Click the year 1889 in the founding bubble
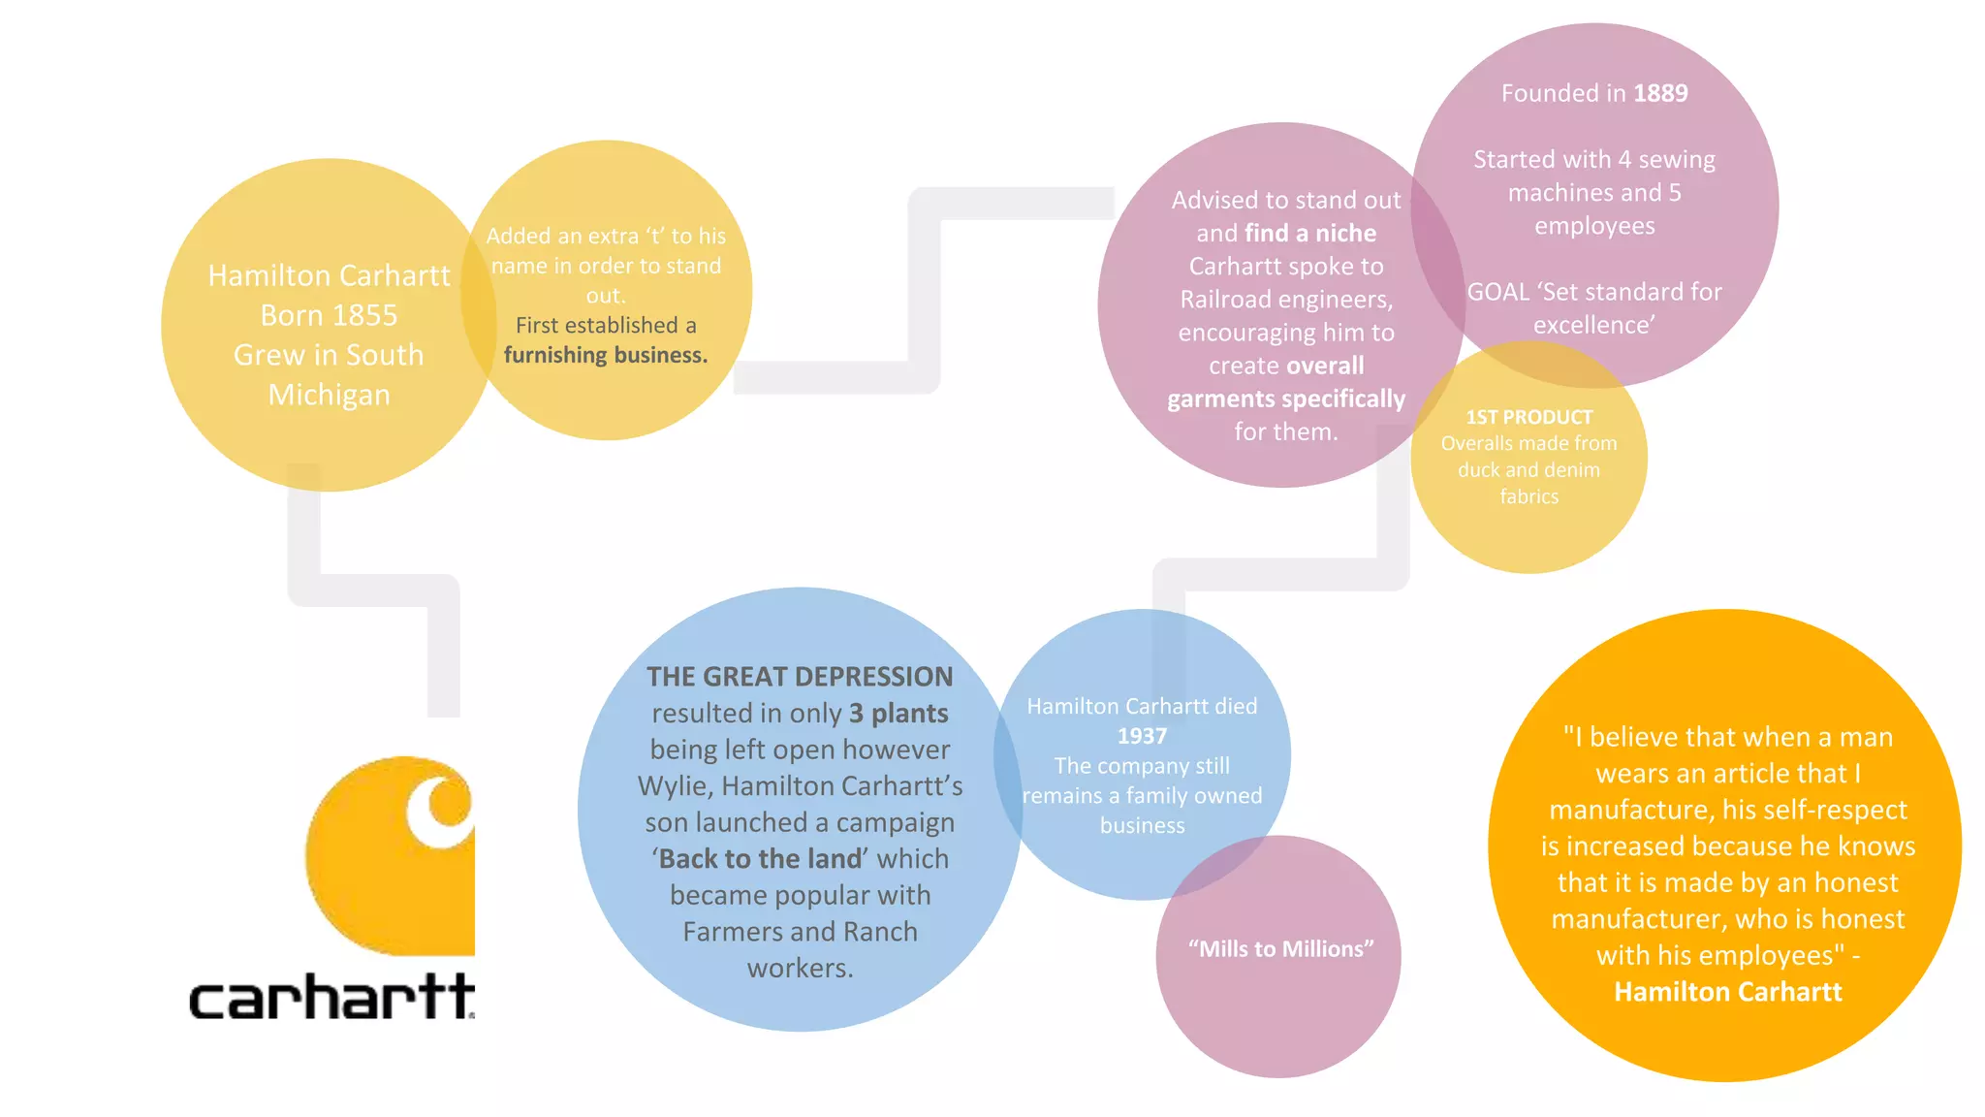(1660, 93)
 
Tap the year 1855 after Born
(365, 315)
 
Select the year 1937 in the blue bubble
(1142, 736)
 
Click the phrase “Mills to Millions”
(1281, 948)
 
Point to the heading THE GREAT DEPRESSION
(800, 676)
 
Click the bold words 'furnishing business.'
(606, 355)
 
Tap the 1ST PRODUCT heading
(1529, 417)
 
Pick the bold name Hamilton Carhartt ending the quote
(1728, 991)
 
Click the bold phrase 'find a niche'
(1310, 233)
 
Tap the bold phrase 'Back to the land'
(760, 858)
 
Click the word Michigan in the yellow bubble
(330, 395)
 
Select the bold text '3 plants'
(898, 713)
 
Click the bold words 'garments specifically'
(1286, 399)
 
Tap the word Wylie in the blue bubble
(673, 785)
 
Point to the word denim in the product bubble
(1572, 469)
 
